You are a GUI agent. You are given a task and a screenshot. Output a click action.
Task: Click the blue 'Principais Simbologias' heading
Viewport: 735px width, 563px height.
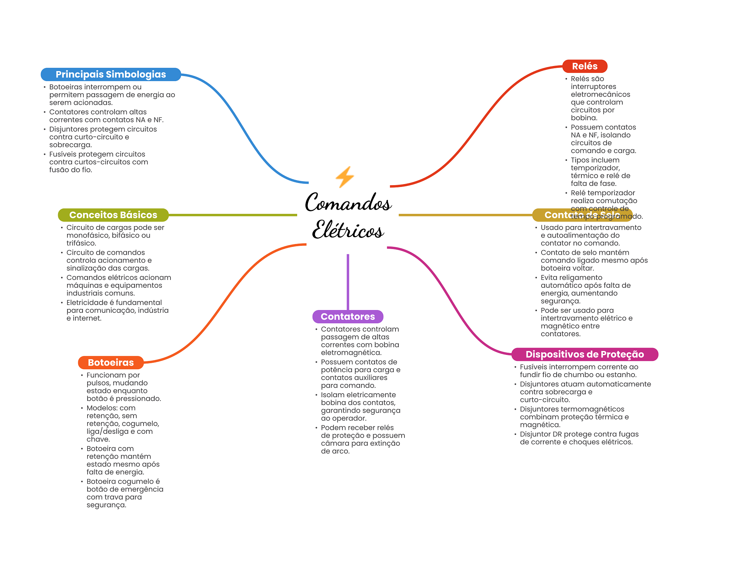pos(111,74)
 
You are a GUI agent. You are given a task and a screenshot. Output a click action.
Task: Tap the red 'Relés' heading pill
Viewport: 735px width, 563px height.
pos(584,66)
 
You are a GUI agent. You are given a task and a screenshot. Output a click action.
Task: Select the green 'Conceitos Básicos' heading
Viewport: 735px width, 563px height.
pos(113,215)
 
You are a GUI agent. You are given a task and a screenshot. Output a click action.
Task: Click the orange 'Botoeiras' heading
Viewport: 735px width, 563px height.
pos(111,362)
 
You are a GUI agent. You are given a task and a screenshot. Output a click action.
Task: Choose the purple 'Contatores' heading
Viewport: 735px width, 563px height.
pos(347,316)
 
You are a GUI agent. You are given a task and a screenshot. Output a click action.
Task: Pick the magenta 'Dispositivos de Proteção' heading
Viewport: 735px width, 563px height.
pos(584,354)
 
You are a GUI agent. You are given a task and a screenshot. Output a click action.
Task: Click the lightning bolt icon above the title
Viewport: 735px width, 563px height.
pos(345,177)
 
